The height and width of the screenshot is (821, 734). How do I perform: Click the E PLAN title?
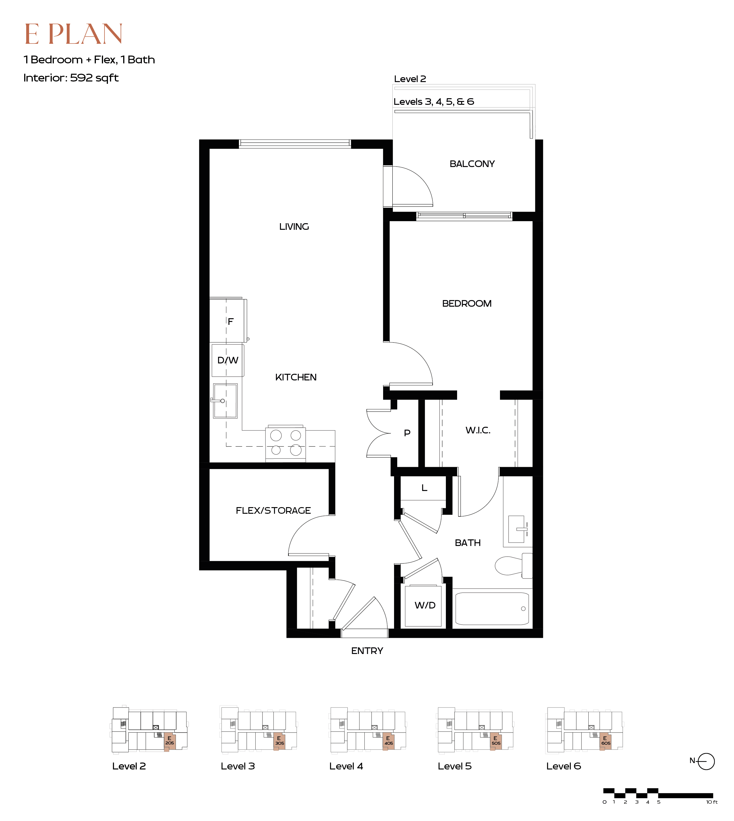[x=73, y=34]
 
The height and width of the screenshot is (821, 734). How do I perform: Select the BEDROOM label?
[x=467, y=304]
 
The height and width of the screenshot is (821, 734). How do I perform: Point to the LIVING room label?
[x=294, y=227]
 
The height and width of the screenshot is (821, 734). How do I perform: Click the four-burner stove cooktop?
[x=286, y=443]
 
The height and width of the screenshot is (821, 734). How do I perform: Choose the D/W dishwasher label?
[x=228, y=360]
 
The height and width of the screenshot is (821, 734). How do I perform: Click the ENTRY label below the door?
[x=367, y=651]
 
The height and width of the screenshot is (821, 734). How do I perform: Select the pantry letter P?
[x=407, y=433]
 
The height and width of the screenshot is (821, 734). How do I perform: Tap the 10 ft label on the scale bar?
[x=712, y=802]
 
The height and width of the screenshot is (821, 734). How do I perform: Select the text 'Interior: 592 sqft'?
[x=71, y=77]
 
